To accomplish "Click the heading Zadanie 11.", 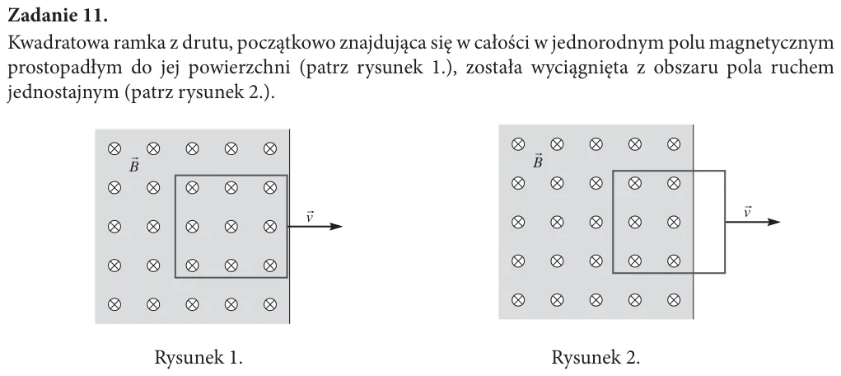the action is coord(58,16).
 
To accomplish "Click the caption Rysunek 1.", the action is coord(199,357).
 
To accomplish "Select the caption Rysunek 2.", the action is coord(596,357).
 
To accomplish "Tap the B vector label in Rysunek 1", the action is coord(134,165).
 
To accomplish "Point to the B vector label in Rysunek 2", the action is coord(537,161).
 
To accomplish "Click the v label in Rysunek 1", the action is coord(310,217).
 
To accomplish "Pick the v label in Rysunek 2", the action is coord(748,212).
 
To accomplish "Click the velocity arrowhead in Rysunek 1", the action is coord(336,227).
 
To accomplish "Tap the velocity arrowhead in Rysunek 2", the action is coord(773,223).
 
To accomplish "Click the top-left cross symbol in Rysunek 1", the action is coord(114,148).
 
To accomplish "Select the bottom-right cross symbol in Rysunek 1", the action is coord(270,304).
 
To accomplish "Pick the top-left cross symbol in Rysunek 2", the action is coord(517,144).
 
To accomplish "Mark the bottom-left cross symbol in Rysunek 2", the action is coord(517,299).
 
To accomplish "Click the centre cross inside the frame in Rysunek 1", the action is coord(231,227).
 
